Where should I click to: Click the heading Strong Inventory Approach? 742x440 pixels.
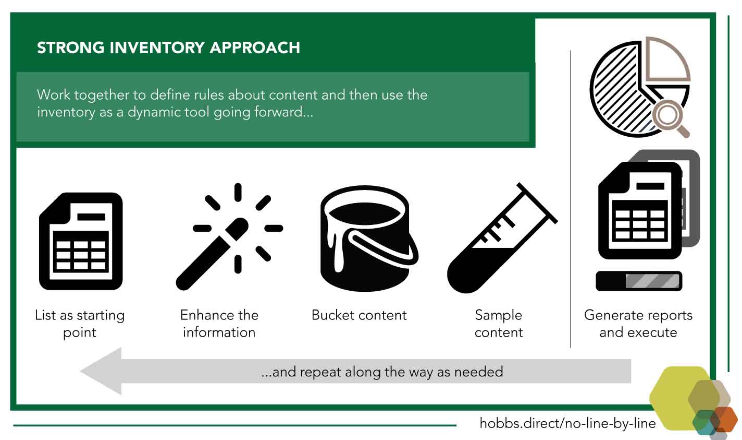click(x=168, y=47)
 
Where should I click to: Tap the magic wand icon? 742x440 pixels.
click(x=229, y=236)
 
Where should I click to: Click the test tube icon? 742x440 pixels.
click(x=502, y=238)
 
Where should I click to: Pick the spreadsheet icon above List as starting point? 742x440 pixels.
click(x=81, y=241)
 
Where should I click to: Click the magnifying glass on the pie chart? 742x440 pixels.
click(x=670, y=117)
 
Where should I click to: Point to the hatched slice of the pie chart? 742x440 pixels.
click(x=620, y=90)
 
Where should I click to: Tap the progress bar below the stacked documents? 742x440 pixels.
click(x=639, y=281)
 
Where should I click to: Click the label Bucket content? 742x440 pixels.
click(x=359, y=315)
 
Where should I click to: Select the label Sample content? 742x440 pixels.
click(x=499, y=324)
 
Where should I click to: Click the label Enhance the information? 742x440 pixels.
click(x=219, y=324)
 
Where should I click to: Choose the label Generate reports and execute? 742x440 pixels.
click(x=638, y=324)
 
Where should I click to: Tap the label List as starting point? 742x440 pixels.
click(x=80, y=324)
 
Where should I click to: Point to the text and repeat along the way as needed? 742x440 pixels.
click(x=382, y=372)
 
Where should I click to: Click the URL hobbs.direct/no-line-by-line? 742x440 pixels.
click(x=567, y=423)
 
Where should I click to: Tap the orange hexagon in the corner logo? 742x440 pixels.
click(x=724, y=419)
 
